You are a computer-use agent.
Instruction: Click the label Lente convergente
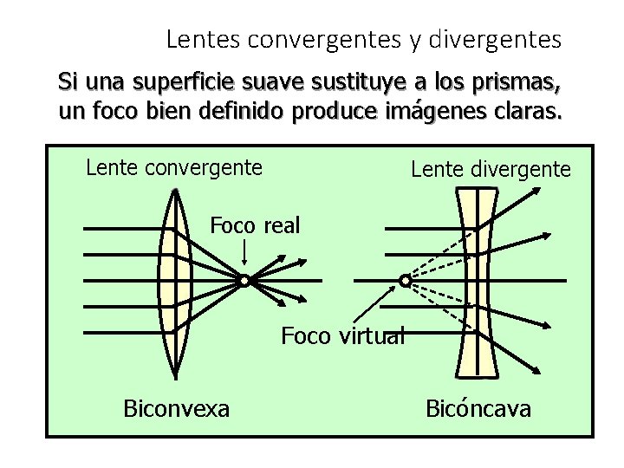[174, 166]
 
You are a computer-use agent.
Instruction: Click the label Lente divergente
[491, 169]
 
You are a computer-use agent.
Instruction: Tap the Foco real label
[255, 226]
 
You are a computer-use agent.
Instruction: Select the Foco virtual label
[343, 335]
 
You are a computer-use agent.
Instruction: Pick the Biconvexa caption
[177, 407]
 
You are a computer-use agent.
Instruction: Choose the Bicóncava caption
[478, 408]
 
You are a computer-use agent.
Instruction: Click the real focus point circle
[244, 281]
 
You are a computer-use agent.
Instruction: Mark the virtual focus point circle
[405, 280]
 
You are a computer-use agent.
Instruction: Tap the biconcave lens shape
[478, 281]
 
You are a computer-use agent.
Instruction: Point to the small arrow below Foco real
[244, 254]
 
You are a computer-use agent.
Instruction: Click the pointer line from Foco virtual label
[377, 306]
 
